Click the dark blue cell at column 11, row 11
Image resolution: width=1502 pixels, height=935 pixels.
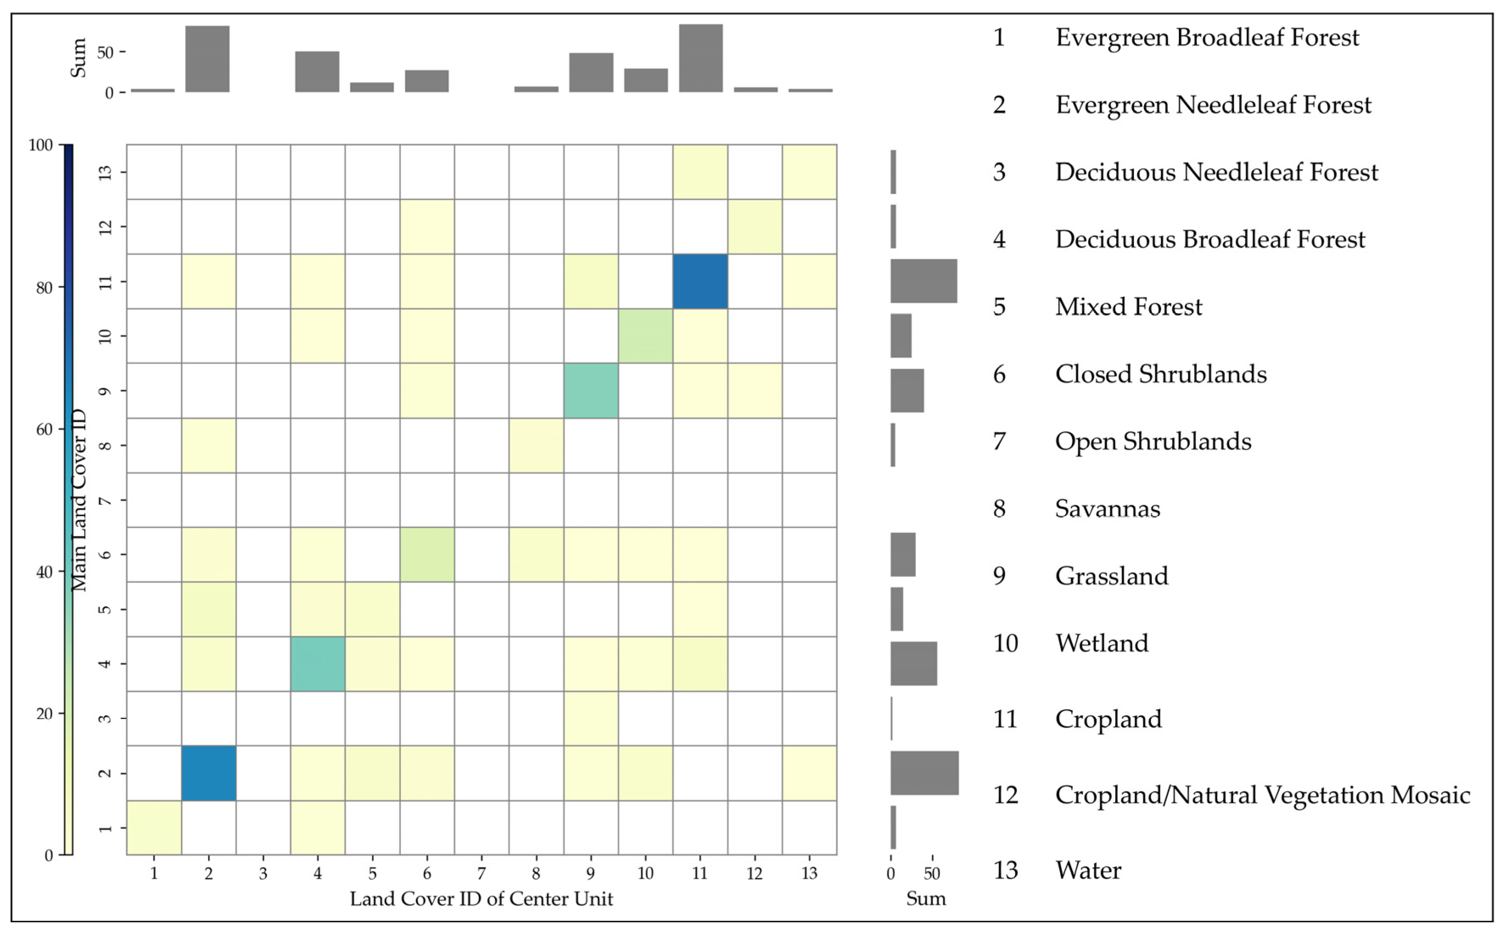(700, 281)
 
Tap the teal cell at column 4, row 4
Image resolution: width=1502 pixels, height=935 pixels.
(318, 663)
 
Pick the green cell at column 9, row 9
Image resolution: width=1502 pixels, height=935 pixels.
(591, 391)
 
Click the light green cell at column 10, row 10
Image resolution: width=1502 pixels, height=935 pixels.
(645, 336)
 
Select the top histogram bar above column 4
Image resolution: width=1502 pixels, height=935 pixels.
(317, 72)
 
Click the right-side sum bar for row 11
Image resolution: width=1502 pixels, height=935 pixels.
(924, 281)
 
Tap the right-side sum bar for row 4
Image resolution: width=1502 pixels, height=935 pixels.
(913, 663)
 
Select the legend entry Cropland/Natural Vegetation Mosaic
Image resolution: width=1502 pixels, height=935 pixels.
(1262, 795)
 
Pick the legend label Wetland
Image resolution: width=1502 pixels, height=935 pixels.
(1101, 643)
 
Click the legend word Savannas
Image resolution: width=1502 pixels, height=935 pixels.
(1108, 509)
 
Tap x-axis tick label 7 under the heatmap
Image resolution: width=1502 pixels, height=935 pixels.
(481, 873)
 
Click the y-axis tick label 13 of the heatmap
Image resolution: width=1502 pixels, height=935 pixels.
(105, 172)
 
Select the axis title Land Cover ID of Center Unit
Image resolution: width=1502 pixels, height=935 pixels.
(481, 899)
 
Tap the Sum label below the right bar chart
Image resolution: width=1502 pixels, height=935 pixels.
(926, 899)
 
